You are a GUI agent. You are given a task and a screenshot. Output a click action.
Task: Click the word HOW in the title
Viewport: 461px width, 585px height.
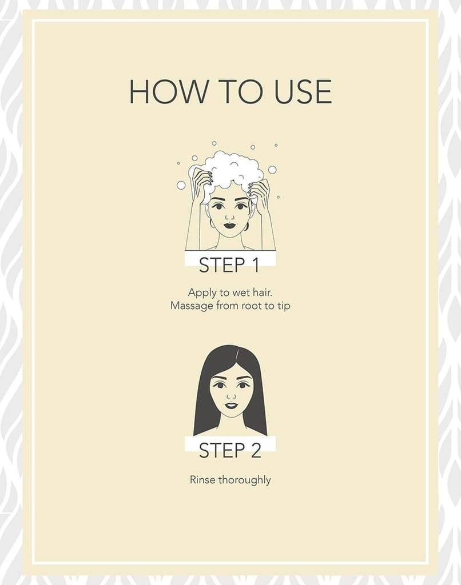(169, 92)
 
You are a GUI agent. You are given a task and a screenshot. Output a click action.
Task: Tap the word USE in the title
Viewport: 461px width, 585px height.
(303, 92)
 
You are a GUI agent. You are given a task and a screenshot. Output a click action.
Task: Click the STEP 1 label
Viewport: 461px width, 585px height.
(229, 265)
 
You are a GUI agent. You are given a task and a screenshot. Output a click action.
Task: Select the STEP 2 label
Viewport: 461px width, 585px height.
(230, 450)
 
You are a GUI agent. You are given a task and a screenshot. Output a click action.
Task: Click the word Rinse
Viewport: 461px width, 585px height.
(202, 479)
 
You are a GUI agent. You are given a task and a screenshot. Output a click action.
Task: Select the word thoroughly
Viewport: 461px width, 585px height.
(245, 480)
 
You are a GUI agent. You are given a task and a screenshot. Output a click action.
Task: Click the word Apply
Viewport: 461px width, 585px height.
(202, 293)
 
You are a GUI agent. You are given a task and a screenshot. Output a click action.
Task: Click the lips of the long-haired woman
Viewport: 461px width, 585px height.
(230, 405)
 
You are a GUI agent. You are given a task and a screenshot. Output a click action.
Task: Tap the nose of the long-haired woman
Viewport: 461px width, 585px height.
(231, 395)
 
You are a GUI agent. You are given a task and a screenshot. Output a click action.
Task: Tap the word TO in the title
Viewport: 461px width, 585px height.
(241, 92)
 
